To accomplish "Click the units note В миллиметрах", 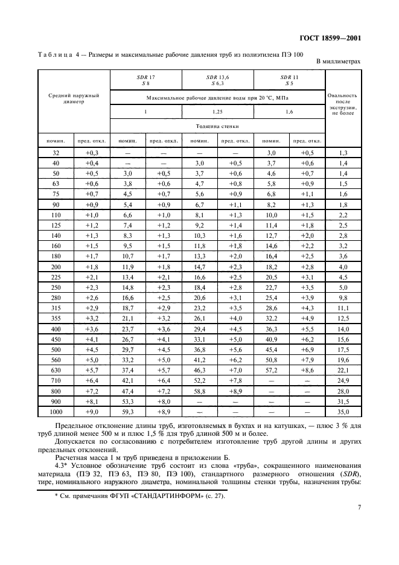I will pyautogui.click(x=339, y=62).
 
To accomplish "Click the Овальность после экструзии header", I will pyautogui.click(x=343, y=104).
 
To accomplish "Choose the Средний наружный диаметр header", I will pyautogui.click(x=74, y=98).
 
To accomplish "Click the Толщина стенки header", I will pyautogui.click(x=217, y=127).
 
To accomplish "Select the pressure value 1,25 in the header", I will pyautogui.click(x=217, y=113).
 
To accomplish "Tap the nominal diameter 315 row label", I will pyautogui.click(x=56, y=307).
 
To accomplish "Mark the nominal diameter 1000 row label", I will pyautogui.click(x=56, y=412).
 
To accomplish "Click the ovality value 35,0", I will pyautogui.click(x=343, y=412).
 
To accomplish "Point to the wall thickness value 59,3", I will pyautogui.click(x=128, y=412).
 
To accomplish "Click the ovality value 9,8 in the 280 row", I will pyautogui.click(x=343, y=297).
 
